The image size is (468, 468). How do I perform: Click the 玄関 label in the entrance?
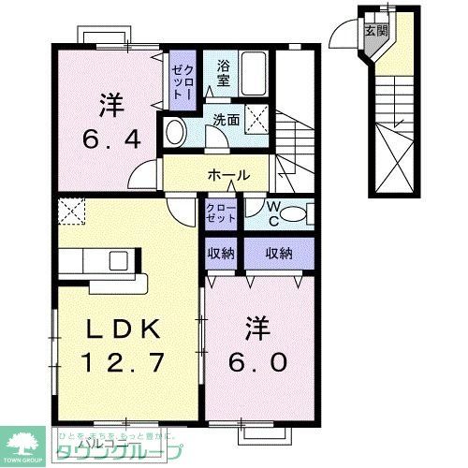point(375,30)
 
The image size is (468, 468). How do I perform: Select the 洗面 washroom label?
point(225,121)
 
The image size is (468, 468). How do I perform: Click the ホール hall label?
point(228,175)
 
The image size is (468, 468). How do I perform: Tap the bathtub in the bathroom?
point(255,73)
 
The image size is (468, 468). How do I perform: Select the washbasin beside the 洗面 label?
point(175,132)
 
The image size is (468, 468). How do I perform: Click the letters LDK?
point(127,329)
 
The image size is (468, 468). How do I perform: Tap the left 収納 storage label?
point(221,253)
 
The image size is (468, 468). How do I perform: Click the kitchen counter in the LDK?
point(103,259)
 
